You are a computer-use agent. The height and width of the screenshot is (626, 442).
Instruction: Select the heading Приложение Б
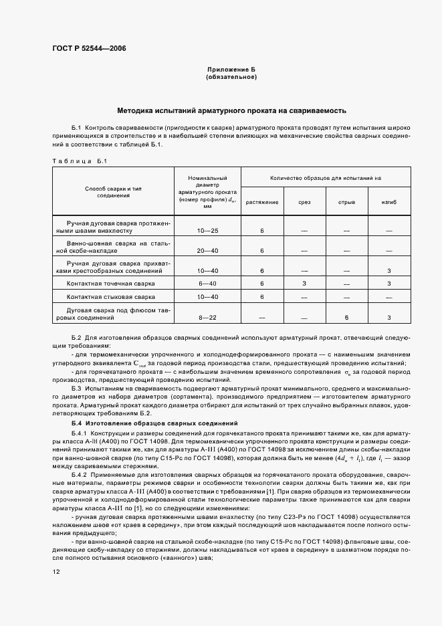click(231, 70)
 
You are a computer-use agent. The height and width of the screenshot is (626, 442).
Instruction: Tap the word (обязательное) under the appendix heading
click(231, 77)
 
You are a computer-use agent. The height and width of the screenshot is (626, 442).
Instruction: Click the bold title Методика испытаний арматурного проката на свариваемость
click(231, 110)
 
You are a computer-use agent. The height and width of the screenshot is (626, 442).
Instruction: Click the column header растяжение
click(262, 201)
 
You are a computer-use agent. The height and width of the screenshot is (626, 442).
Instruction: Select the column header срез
click(304, 201)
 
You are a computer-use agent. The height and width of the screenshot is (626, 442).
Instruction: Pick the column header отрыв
click(346, 201)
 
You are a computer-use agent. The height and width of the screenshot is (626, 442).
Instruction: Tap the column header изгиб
click(389, 201)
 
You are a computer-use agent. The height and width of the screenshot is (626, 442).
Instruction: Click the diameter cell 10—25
click(207, 230)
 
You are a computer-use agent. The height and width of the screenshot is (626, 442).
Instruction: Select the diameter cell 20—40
click(207, 250)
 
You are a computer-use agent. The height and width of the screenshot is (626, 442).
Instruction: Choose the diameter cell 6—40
click(207, 283)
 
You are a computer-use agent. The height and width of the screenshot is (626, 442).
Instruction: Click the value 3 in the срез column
click(304, 283)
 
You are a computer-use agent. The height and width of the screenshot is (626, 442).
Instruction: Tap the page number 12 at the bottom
click(56, 572)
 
